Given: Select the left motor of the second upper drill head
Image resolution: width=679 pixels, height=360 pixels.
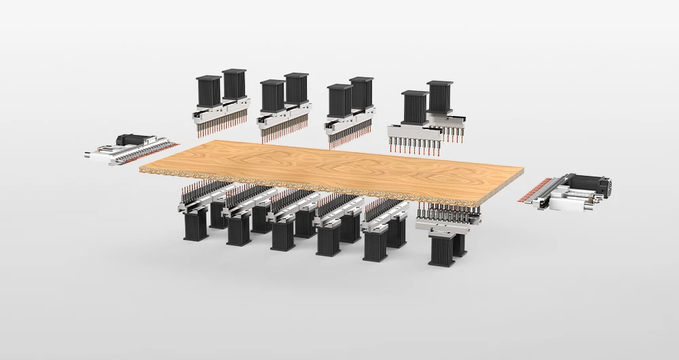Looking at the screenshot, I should coord(272,96).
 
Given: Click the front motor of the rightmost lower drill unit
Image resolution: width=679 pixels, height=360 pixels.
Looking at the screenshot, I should coord(442,249).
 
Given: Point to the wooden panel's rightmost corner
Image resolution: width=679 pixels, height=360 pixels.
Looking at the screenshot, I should coord(524,173).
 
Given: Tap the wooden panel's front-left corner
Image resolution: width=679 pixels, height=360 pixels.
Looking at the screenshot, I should coord(140,167).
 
